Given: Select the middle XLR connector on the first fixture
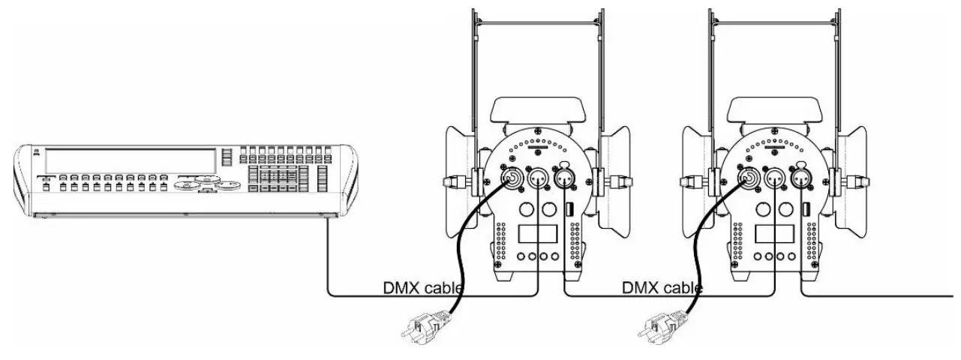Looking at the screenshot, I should (537, 179).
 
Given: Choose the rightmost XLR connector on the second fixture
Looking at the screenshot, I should (800, 178).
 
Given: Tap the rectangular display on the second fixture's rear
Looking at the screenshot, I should (769, 235).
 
